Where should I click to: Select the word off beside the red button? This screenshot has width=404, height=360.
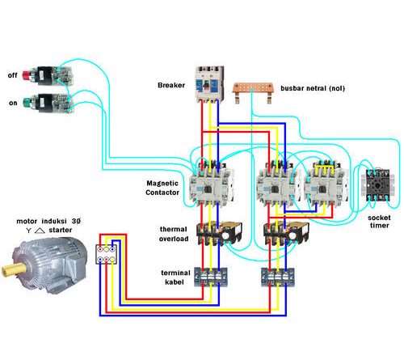click(x=12, y=74)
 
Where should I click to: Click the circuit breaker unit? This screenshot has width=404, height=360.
click(x=208, y=83)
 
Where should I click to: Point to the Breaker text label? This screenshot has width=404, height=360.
click(x=173, y=84)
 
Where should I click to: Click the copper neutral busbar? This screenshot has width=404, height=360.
click(x=251, y=87)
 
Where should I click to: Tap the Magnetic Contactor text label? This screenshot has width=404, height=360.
click(x=164, y=188)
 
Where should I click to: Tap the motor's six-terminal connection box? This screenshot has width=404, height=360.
click(x=107, y=253)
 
